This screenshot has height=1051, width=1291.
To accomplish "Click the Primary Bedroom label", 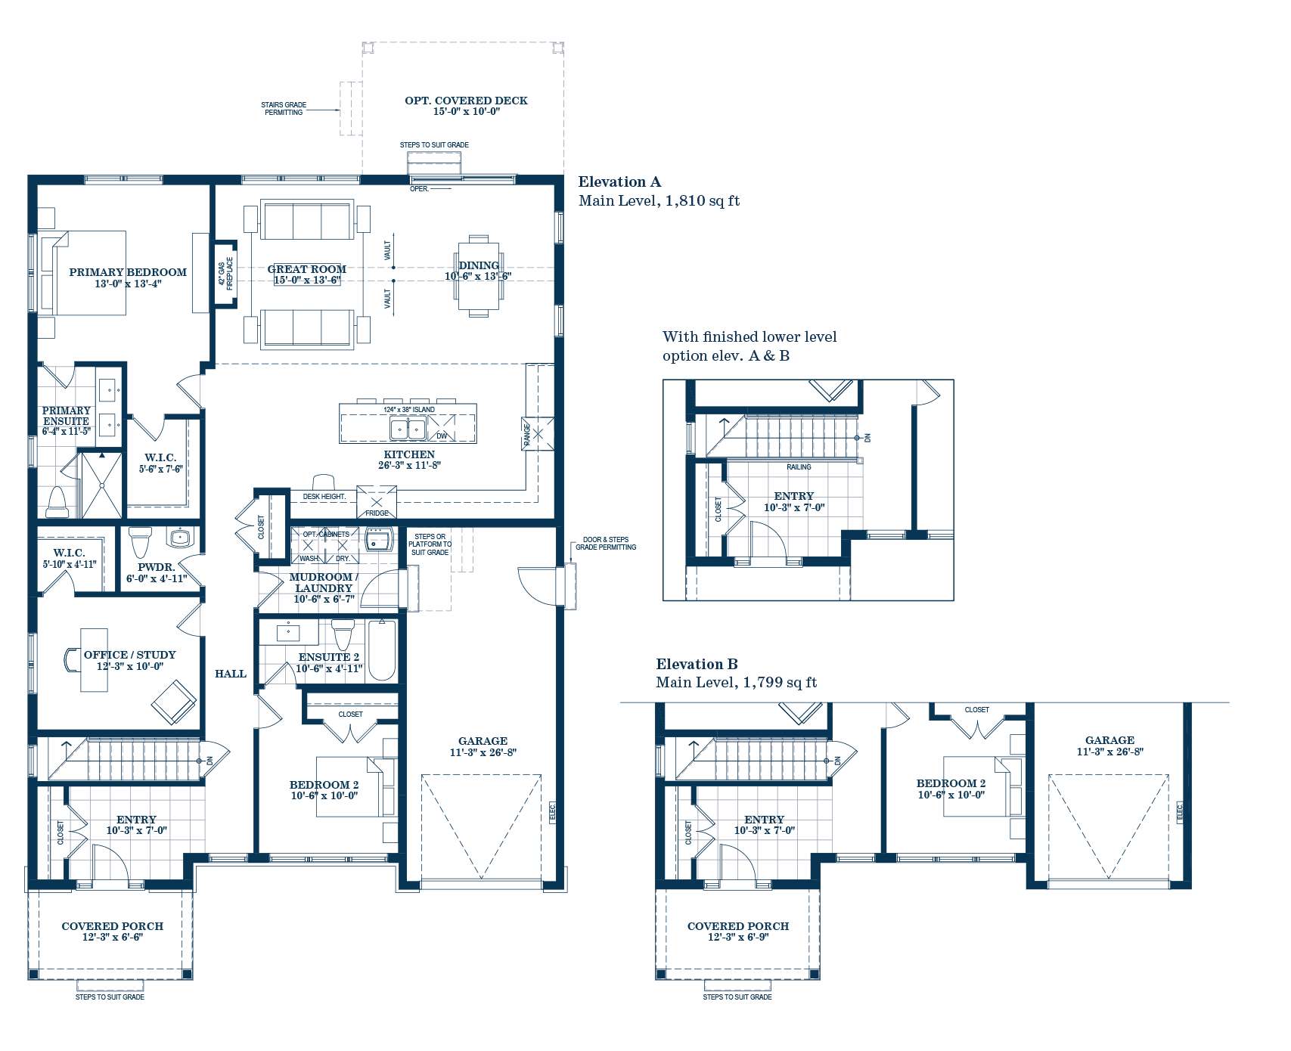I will [x=127, y=272].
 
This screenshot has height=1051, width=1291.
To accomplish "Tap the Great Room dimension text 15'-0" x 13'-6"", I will [x=306, y=281].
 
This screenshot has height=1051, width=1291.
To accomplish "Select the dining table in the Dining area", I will [x=478, y=277].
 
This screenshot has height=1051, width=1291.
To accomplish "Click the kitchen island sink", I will [x=408, y=429].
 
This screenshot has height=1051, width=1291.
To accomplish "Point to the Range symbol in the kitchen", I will [x=537, y=434].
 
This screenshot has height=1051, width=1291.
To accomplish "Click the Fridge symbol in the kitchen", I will [x=377, y=502].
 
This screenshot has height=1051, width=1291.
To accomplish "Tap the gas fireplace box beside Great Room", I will [x=225, y=273].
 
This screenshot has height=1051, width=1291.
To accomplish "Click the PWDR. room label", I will [x=156, y=567].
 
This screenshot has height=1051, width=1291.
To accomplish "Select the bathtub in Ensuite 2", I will [x=382, y=650].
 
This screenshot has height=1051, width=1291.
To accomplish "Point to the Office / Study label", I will [x=129, y=655].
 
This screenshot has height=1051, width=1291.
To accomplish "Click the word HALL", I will [x=230, y=674].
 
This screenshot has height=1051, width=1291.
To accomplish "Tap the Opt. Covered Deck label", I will [x=466, y=101].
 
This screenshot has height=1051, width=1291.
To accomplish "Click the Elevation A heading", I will [x=619, y=181].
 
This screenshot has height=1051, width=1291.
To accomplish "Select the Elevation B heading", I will [x=697, y=664].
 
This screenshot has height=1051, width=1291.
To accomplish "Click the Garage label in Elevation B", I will [x=1109, y=740].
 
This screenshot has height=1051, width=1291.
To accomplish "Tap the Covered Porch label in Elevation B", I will [x=737, y=926].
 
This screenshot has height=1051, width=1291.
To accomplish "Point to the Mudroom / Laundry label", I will [x=324, y=582].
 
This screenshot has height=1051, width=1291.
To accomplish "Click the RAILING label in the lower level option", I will [x=799, y=467].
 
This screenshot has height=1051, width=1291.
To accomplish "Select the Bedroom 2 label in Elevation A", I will [x=324, y=785].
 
